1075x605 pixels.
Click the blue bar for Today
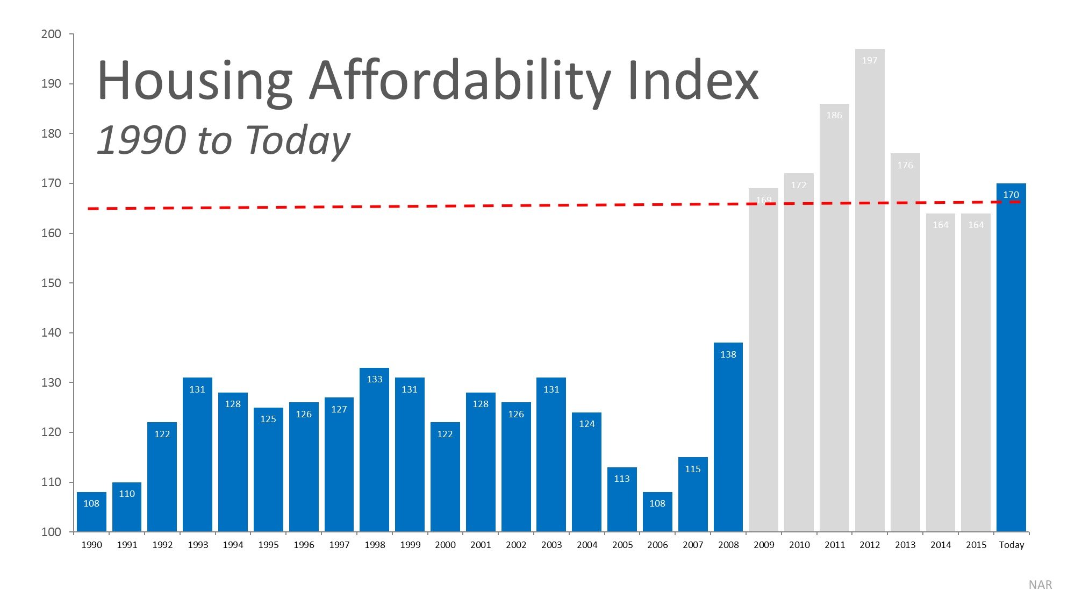(1011, 366)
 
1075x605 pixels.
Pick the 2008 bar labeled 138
(728, 441)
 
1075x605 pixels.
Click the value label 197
(870, 60)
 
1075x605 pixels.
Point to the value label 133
(375, 379)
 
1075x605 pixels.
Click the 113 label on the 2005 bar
(622, 479)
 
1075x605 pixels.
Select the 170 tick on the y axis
(51, 183)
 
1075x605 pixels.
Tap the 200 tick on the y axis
(51, 34)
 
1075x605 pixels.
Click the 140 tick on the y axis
(51, 333)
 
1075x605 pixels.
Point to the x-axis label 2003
(551, 545)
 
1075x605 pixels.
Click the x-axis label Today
(1012, 545)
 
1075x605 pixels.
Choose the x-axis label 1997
(339, 545)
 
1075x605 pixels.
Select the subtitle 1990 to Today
(223, 140)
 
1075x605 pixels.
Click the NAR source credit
(1040, 585)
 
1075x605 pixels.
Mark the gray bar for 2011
(834, 323)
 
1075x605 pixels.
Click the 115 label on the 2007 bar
(693, 469)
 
